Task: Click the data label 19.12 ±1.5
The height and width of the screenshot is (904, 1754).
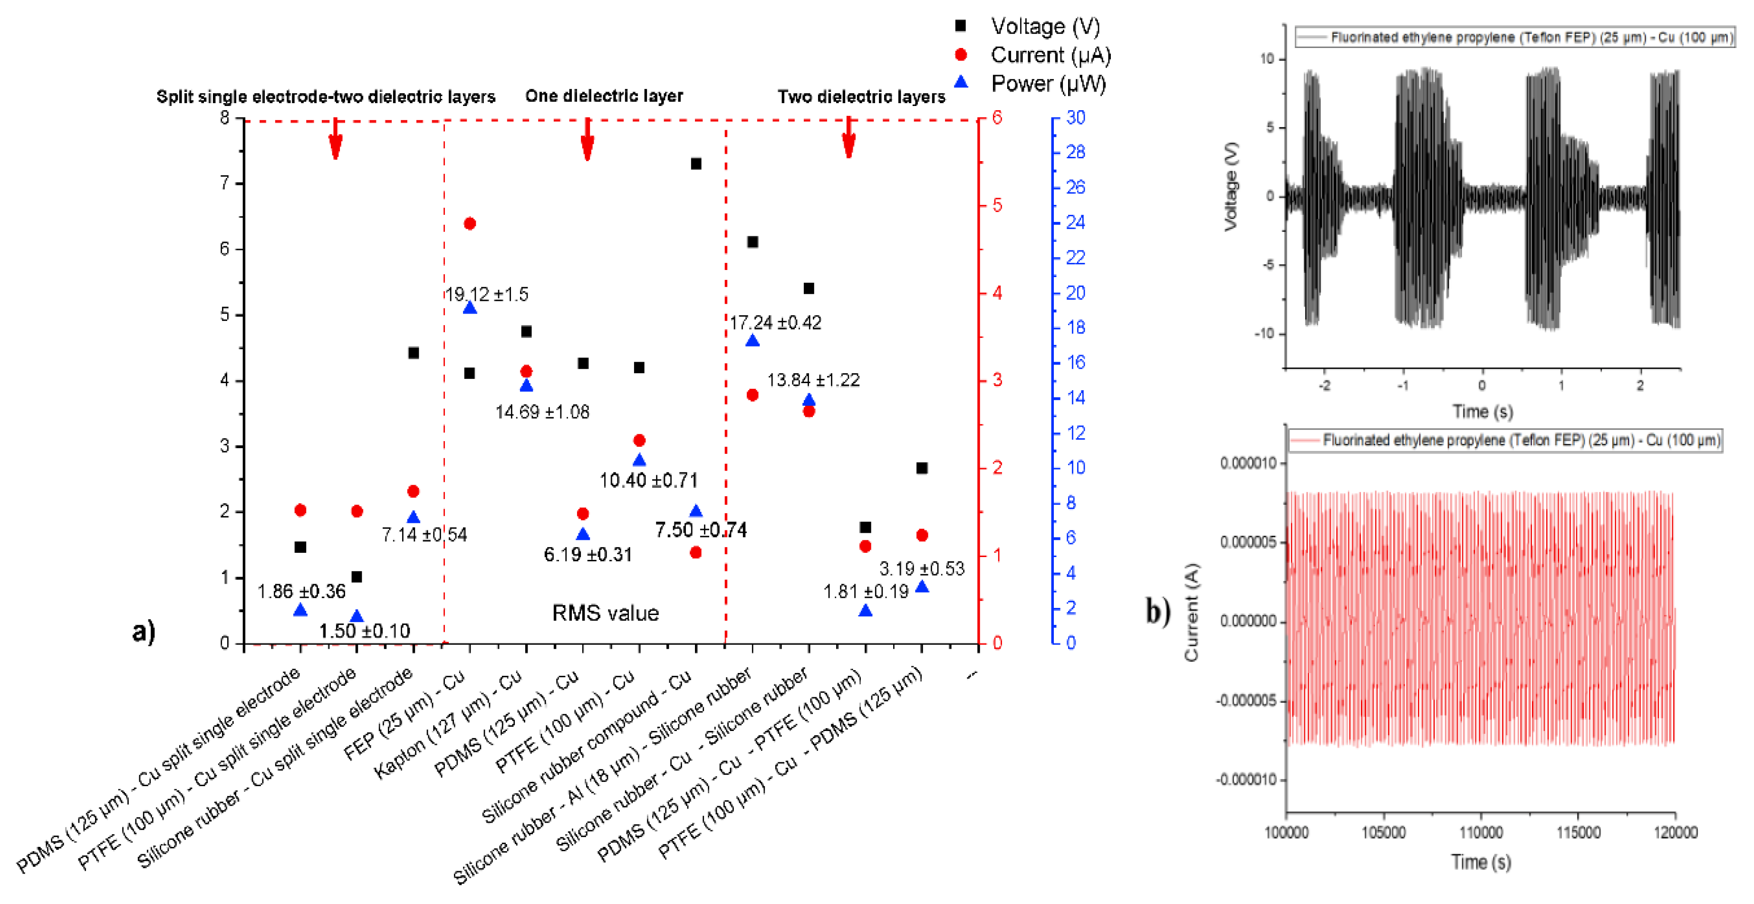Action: pyautogui.click(x=486, y=294)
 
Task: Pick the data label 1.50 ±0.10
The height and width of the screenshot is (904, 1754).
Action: pyautogui.click(x=364, y=631)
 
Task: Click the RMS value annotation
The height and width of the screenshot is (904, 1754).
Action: pyautogui.click(x=605, y=613)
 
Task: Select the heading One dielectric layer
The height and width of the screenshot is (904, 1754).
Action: pyautogui.click(x=604, y=96)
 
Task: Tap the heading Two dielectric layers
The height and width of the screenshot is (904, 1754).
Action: pyautogui.click(x=861, y=96)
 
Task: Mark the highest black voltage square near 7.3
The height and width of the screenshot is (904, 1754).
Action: pyautogui.click(x=696, y=164)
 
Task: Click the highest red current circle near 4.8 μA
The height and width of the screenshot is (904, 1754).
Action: pyautogui.click(x=470, y=223)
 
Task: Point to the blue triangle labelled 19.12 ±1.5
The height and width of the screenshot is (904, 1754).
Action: pyautogui.click(x=470, y=308)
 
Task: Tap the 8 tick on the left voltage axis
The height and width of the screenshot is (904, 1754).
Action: pyautogui.click(x=225, y=118)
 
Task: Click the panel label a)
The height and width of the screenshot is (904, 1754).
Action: pyautogui.click(x=144, y=631)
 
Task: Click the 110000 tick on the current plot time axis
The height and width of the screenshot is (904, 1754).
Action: pyautogui.click(x=1481, y=832)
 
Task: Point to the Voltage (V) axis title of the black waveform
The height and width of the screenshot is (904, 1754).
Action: pyautogui.click(x=1230, y=186)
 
